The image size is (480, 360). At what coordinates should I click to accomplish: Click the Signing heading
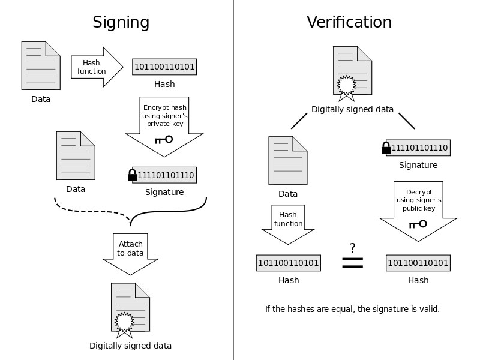tap(121, 23)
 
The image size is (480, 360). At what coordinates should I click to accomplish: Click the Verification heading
tap(349, 22)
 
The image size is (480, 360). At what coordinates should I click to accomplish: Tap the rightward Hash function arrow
tap(97, 67)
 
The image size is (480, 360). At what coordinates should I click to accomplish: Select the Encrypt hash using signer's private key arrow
tap(164, 127)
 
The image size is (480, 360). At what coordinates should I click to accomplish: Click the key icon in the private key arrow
tap(164, 140)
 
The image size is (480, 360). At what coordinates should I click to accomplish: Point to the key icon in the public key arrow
tap(418, 224)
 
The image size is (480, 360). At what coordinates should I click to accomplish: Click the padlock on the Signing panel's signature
tap(132, 175)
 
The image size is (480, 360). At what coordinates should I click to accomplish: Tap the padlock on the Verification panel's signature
tap(386, 148)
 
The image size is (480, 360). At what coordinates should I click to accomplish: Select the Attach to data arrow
tap(130, 254)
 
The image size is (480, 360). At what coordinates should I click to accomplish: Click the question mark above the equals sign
tap(352, 248)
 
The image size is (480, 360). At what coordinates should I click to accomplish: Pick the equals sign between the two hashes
tap(352, 263)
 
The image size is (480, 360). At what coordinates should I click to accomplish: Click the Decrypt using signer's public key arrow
tap(418, 211)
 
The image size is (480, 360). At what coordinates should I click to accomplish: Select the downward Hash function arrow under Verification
tap(288, 224)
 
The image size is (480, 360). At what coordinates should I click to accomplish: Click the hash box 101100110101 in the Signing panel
tap(164, 67)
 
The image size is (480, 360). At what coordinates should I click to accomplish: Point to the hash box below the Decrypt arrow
tap(418, 263)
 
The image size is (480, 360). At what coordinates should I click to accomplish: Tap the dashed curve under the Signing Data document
tap(92, 211)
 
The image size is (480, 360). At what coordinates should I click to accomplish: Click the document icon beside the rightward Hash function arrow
tap(41, 65)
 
